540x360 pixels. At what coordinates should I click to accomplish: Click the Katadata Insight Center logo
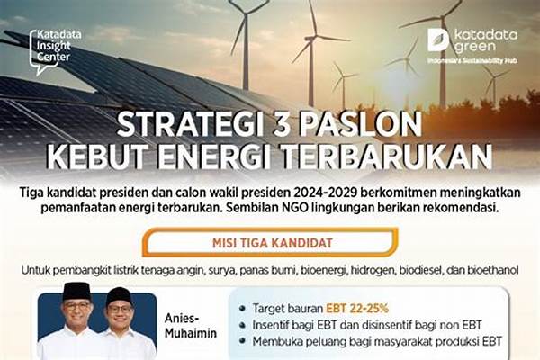pos(55,51)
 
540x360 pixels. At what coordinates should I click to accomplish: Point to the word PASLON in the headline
pos(360,124)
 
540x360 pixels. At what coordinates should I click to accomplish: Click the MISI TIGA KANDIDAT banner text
pos(272,243)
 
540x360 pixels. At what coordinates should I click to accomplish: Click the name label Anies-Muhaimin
pos(191,326)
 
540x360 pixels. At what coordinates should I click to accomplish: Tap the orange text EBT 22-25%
pos(357,309)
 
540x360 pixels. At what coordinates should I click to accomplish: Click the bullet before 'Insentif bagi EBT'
pos(242,325)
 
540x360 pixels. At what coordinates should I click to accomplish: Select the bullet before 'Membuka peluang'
pos(242,341)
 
